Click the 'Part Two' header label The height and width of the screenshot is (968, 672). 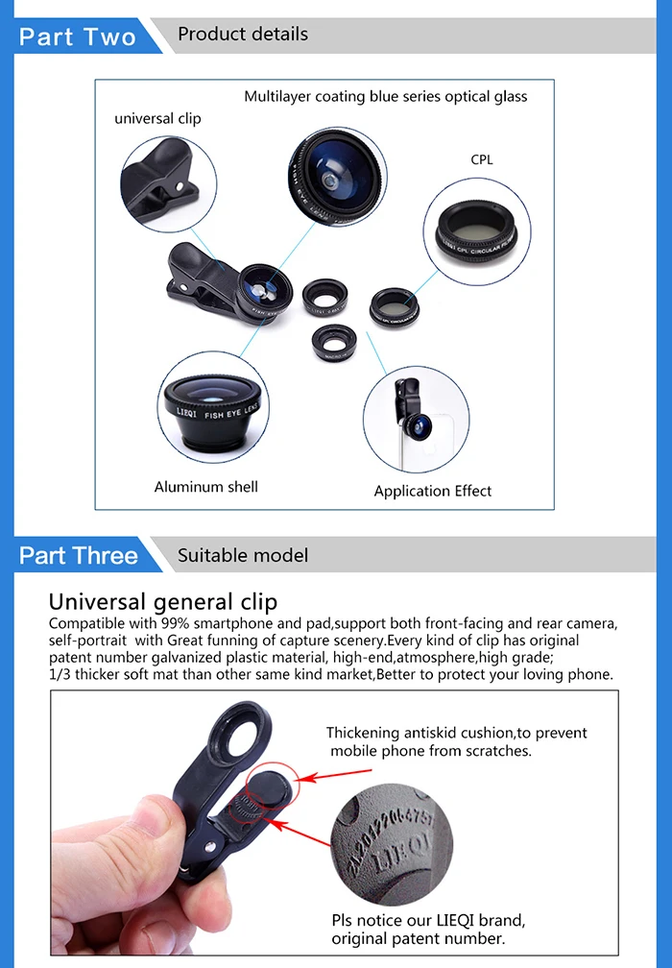78,36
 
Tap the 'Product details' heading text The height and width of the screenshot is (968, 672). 243,35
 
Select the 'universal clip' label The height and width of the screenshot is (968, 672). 157,119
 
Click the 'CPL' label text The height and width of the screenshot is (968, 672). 482,160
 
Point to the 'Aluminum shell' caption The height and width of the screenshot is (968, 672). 205,487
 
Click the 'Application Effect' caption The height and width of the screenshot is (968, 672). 432,491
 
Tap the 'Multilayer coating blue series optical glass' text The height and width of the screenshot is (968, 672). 385,96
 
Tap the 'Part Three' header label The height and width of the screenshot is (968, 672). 78,556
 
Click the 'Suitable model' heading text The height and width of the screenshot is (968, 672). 243,555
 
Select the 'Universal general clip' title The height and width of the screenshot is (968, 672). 162,602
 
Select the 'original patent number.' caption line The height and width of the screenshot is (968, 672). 418,938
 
